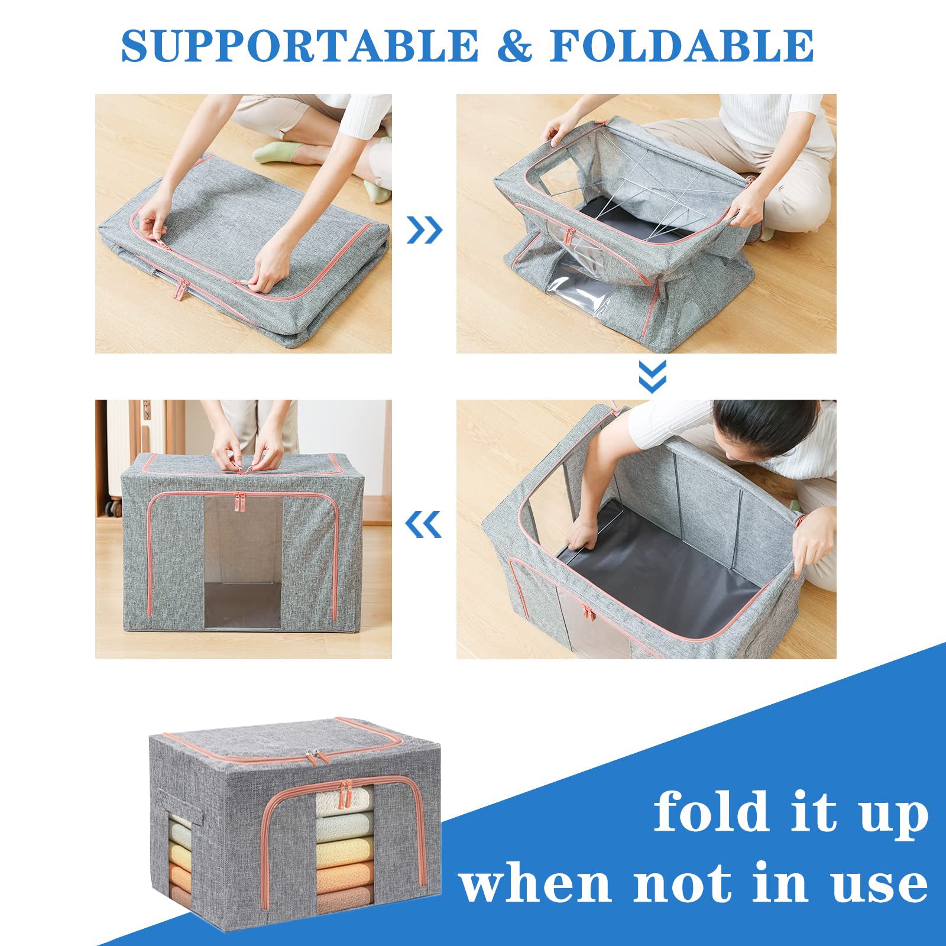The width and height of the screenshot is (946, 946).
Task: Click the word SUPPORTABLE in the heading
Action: [299, 45]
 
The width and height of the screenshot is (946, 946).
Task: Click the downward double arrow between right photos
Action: [653, 376]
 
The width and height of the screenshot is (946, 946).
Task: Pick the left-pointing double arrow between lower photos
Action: [424, 524]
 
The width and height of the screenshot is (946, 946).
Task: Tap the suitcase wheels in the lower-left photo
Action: [111, 507]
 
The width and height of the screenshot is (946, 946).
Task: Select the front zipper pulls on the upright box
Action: [240, 503]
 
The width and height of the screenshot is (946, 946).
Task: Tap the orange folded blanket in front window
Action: [344, 877]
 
